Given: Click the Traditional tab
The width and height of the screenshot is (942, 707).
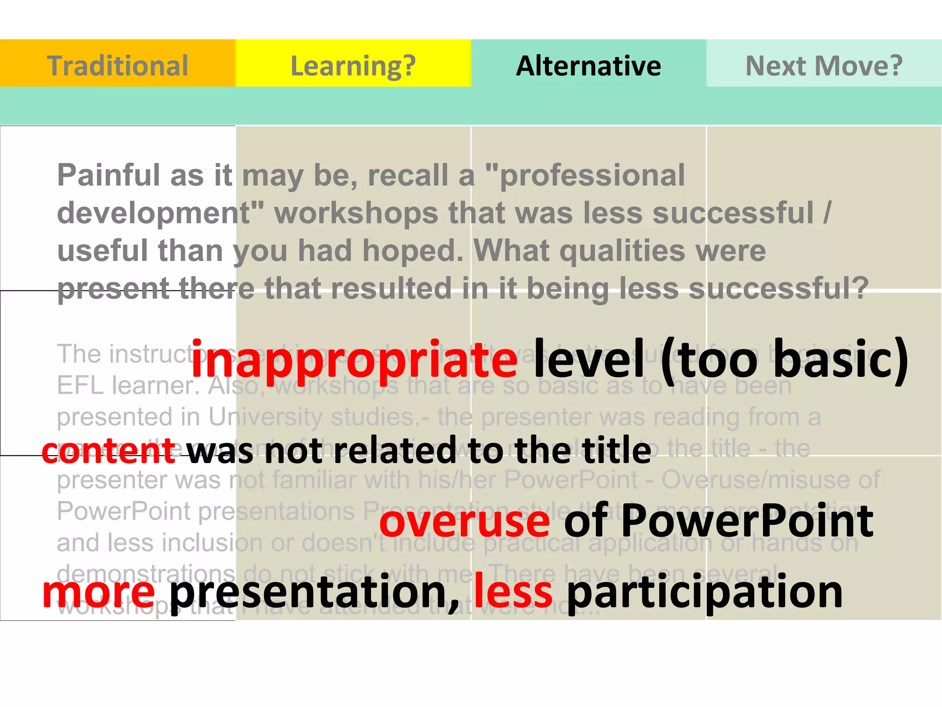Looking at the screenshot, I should click(x=117, y=65).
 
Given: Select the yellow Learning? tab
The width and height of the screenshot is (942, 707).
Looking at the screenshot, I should click(x=353, y=65).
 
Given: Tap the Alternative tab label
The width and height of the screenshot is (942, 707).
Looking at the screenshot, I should click(x=588, y=65).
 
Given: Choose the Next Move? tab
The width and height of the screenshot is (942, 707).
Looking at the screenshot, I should click(x=824, y=65).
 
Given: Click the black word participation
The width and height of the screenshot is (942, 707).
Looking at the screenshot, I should click(x=705, y=594).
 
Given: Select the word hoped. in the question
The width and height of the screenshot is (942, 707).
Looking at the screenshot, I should click(x=413, y=251).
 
